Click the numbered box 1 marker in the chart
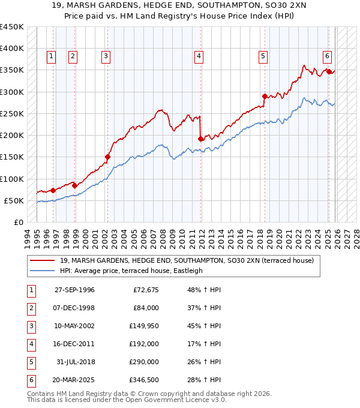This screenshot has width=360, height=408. (51, 56)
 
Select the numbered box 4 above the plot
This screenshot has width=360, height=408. (199, 56)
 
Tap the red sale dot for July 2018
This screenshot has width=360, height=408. (265, 96)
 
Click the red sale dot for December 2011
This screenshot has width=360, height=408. (200, 139)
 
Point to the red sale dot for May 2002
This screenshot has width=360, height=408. (107, 157)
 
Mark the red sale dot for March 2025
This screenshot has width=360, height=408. (329, 71)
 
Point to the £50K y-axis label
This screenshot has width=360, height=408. (14, 200)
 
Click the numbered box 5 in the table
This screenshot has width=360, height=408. (31, 362)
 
